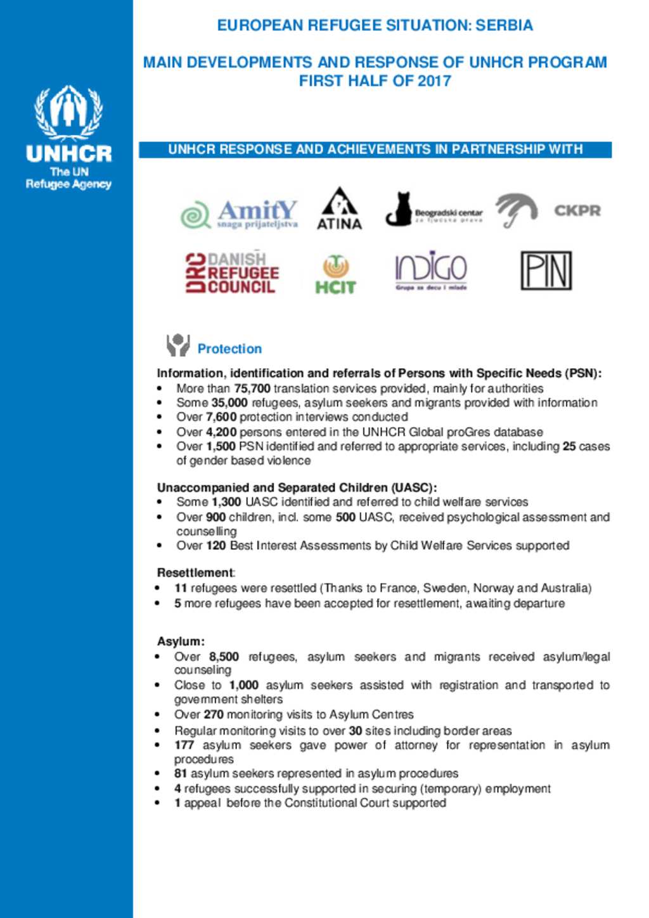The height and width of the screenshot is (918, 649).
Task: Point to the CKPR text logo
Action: (x=577, y=211)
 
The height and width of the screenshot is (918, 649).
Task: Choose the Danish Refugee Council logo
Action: (x=232, y=273)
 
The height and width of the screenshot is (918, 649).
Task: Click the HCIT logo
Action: (x=335, y=274)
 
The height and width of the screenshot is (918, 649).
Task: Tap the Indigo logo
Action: (x=431, y=271)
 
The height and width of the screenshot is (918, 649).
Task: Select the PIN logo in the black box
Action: (x=546, y=271)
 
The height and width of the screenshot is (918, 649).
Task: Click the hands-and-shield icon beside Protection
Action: (x=177, y=345)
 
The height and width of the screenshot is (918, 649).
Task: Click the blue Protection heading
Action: (x=229, y=349)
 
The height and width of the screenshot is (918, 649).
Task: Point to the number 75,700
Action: (x=252, y=388)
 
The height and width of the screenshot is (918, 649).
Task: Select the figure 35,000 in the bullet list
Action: (x=229, y=403)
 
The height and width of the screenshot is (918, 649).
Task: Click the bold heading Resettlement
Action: (x=195, y=573)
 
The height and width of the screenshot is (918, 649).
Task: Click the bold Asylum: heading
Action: (x=181, y=641)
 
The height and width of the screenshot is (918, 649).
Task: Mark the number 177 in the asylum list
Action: (x=184, y=745)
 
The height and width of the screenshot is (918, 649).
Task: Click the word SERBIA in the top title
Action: (x=504, y=25)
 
